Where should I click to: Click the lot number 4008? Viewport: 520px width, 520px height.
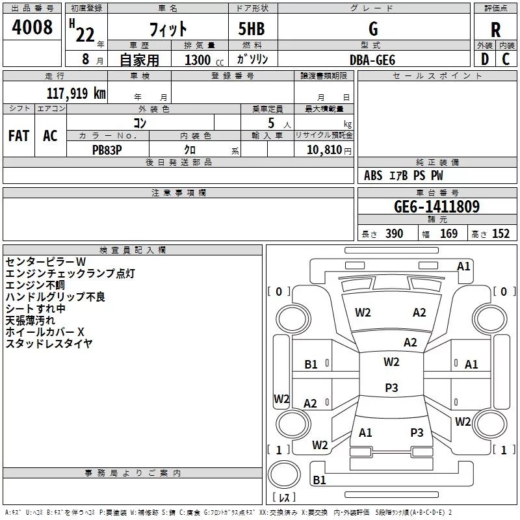point(32,27)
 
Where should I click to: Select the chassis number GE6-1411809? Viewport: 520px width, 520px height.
point(437,206)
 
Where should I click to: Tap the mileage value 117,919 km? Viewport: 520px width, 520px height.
point(76,93)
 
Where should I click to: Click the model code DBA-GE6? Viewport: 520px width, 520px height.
point(372,60)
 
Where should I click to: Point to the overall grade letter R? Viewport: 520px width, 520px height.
point(495,30)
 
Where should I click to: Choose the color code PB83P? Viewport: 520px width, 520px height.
point(107,150)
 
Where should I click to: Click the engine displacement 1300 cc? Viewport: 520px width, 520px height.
point(204,60)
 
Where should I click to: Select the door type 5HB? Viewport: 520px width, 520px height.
point(252,29)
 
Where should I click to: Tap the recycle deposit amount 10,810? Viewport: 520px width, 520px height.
point(324,150)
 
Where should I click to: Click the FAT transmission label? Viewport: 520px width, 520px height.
point(19,136)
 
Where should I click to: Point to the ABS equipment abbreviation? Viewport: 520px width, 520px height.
point(373,175)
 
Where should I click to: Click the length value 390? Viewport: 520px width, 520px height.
point(394,234)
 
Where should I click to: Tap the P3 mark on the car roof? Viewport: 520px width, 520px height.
point(391,387)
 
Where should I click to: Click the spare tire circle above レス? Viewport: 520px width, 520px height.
point(284,474)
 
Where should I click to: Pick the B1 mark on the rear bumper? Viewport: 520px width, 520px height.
point(319,480)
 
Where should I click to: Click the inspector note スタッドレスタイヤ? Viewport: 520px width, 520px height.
point(49,344)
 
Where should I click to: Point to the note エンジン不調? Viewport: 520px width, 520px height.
point(35,285)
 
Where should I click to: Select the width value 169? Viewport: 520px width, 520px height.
point(448,234)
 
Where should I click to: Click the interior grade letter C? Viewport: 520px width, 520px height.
point(506,59)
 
